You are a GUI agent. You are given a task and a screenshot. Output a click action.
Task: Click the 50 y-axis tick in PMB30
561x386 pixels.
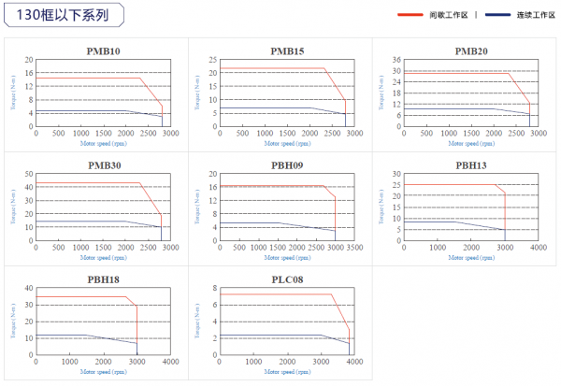click(30, 174)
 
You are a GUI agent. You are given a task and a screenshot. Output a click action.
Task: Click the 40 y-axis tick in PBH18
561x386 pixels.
click(30, 289)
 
